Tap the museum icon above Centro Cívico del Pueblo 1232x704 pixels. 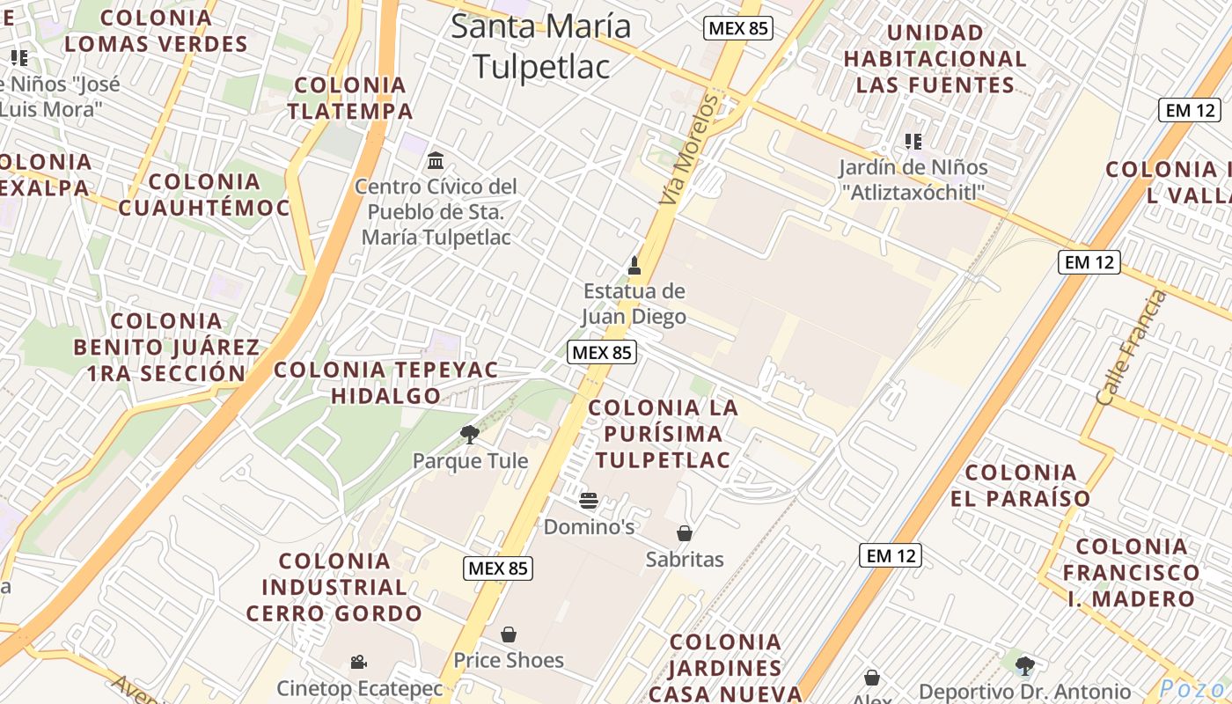click(x=436, y=161)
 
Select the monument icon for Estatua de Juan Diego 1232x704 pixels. click(x=634, y=266)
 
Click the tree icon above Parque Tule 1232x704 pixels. click(x=470, y=434)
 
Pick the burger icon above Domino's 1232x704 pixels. click(x=589, y=502)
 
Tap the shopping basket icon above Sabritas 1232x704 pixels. click(x=684, y=533)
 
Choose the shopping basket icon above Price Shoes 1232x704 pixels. click(x=508, y=634)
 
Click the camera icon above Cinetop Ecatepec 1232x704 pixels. click(x=358, y=662)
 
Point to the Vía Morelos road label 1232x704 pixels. click(x=689, y=151)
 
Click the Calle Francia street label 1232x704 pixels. click(x=1132, y=348)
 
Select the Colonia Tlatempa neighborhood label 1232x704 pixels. click(x=350, y=99)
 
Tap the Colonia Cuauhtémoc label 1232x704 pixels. click(x=204, y=194)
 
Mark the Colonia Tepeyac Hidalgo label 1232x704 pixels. click(x=386, y=383)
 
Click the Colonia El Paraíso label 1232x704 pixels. click(x=1021, y=486)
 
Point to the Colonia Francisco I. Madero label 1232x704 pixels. click(x=1131, y=573)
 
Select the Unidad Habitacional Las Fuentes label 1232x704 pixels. click(x=935, y=59)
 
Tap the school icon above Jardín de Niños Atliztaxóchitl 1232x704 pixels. click(x=913, y=141)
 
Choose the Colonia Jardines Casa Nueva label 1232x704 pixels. click(x=725, y=668)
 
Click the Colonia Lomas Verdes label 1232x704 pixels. click(x=156, y=31)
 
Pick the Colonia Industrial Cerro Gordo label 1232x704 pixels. click(x=334, y=587)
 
